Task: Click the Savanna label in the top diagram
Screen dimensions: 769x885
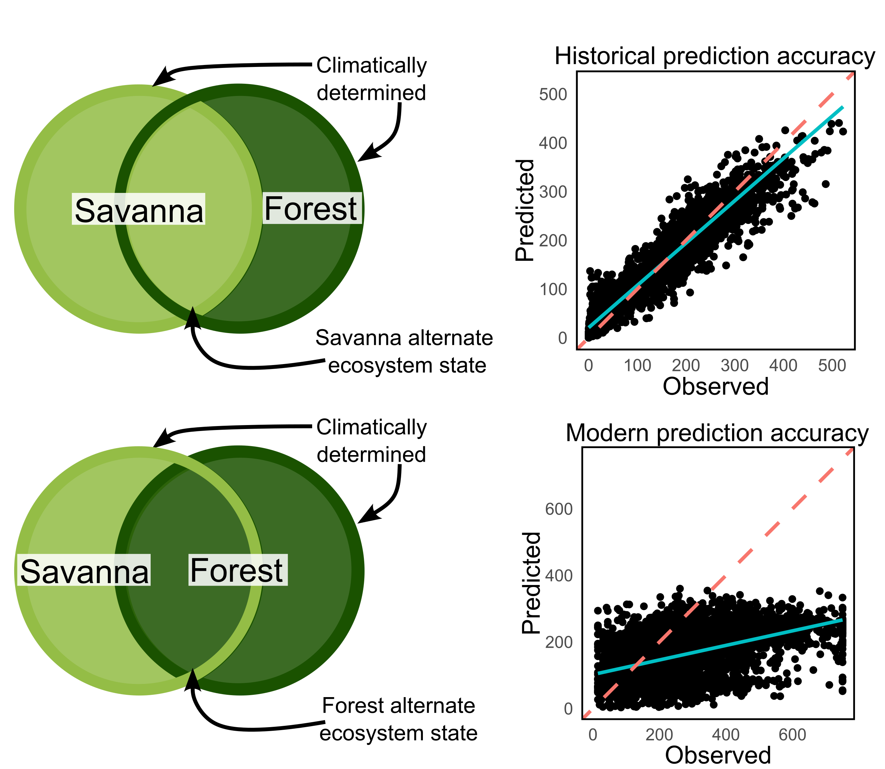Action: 138,209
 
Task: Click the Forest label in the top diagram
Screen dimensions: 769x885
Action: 312,208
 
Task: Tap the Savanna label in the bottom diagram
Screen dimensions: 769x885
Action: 84,571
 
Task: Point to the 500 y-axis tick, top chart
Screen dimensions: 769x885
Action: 553,94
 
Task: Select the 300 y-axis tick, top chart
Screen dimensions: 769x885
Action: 553,192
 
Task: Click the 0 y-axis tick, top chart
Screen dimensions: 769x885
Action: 562,338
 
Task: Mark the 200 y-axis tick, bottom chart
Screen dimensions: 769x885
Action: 559,642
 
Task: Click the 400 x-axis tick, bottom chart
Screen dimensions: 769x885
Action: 726,735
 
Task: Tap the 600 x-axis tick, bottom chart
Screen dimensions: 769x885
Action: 792,735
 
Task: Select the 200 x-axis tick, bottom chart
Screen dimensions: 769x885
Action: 659,735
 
